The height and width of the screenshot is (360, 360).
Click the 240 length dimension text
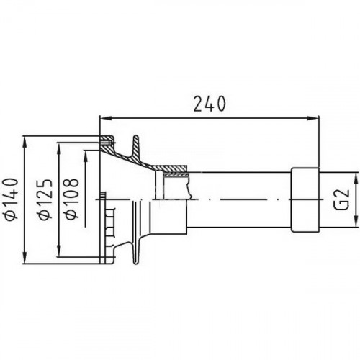210,104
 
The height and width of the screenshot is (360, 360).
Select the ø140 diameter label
12,199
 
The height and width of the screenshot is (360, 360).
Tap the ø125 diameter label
45,199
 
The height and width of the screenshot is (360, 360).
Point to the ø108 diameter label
72,199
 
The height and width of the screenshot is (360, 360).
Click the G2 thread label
343,199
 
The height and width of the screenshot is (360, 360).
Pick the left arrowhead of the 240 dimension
106,118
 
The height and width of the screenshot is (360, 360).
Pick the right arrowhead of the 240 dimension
313,118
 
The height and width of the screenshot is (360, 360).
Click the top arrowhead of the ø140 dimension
25,143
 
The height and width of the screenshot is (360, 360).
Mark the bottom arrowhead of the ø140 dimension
25,258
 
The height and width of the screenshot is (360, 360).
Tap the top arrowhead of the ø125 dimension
59,149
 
